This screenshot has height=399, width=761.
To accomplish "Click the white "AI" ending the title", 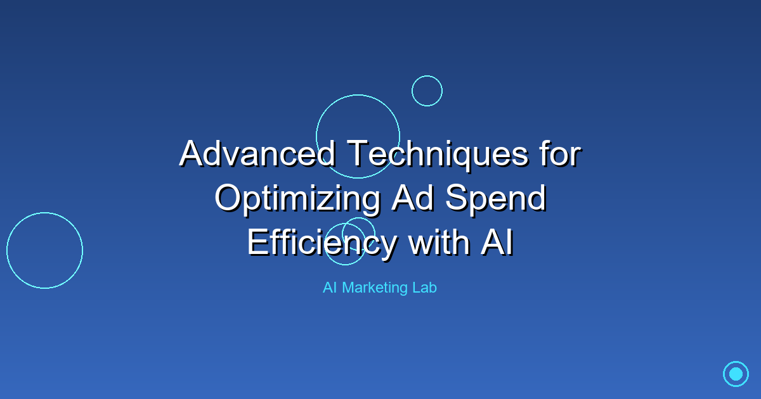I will click(x=497, y=243).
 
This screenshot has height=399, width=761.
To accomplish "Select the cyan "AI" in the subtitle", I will click(x=329, y=288).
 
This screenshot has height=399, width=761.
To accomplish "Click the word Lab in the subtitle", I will click(x=425, y=288).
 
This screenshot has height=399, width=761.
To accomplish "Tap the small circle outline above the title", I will click(x=427, y=91).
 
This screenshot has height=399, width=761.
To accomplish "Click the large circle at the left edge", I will click(x=44, y=250).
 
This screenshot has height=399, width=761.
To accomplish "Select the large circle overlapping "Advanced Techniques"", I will click(x=358, y=136).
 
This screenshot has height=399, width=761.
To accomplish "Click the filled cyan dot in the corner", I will click(x=736, y=374).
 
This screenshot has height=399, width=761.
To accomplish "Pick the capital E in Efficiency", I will click(x=256, y=243).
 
